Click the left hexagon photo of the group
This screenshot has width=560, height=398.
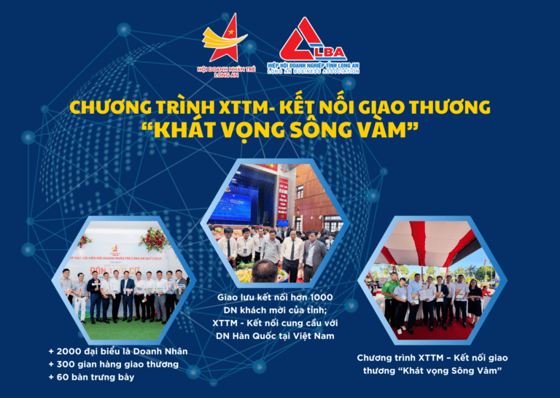[123, 278]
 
